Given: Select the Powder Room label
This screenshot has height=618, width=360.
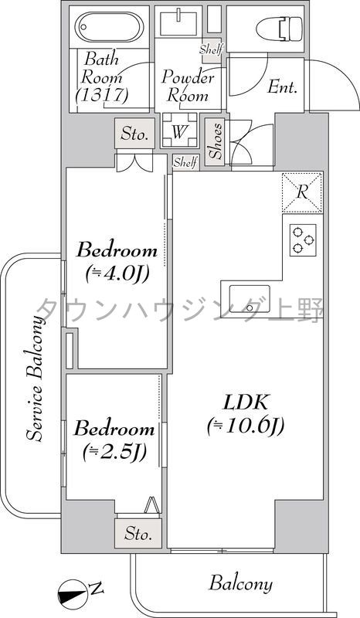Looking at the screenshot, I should click(x=186, y=86).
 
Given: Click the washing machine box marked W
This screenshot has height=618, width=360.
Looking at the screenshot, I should click(x=178, y=131).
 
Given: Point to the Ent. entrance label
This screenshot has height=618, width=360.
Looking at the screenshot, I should click(x=283, y=87).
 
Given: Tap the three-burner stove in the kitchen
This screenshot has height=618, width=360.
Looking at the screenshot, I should click(x=303, y=240).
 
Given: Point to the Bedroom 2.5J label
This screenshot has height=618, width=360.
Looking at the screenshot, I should click(x=114, y=438).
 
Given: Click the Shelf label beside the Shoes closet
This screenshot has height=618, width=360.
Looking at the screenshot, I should click(x=185, y=161).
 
